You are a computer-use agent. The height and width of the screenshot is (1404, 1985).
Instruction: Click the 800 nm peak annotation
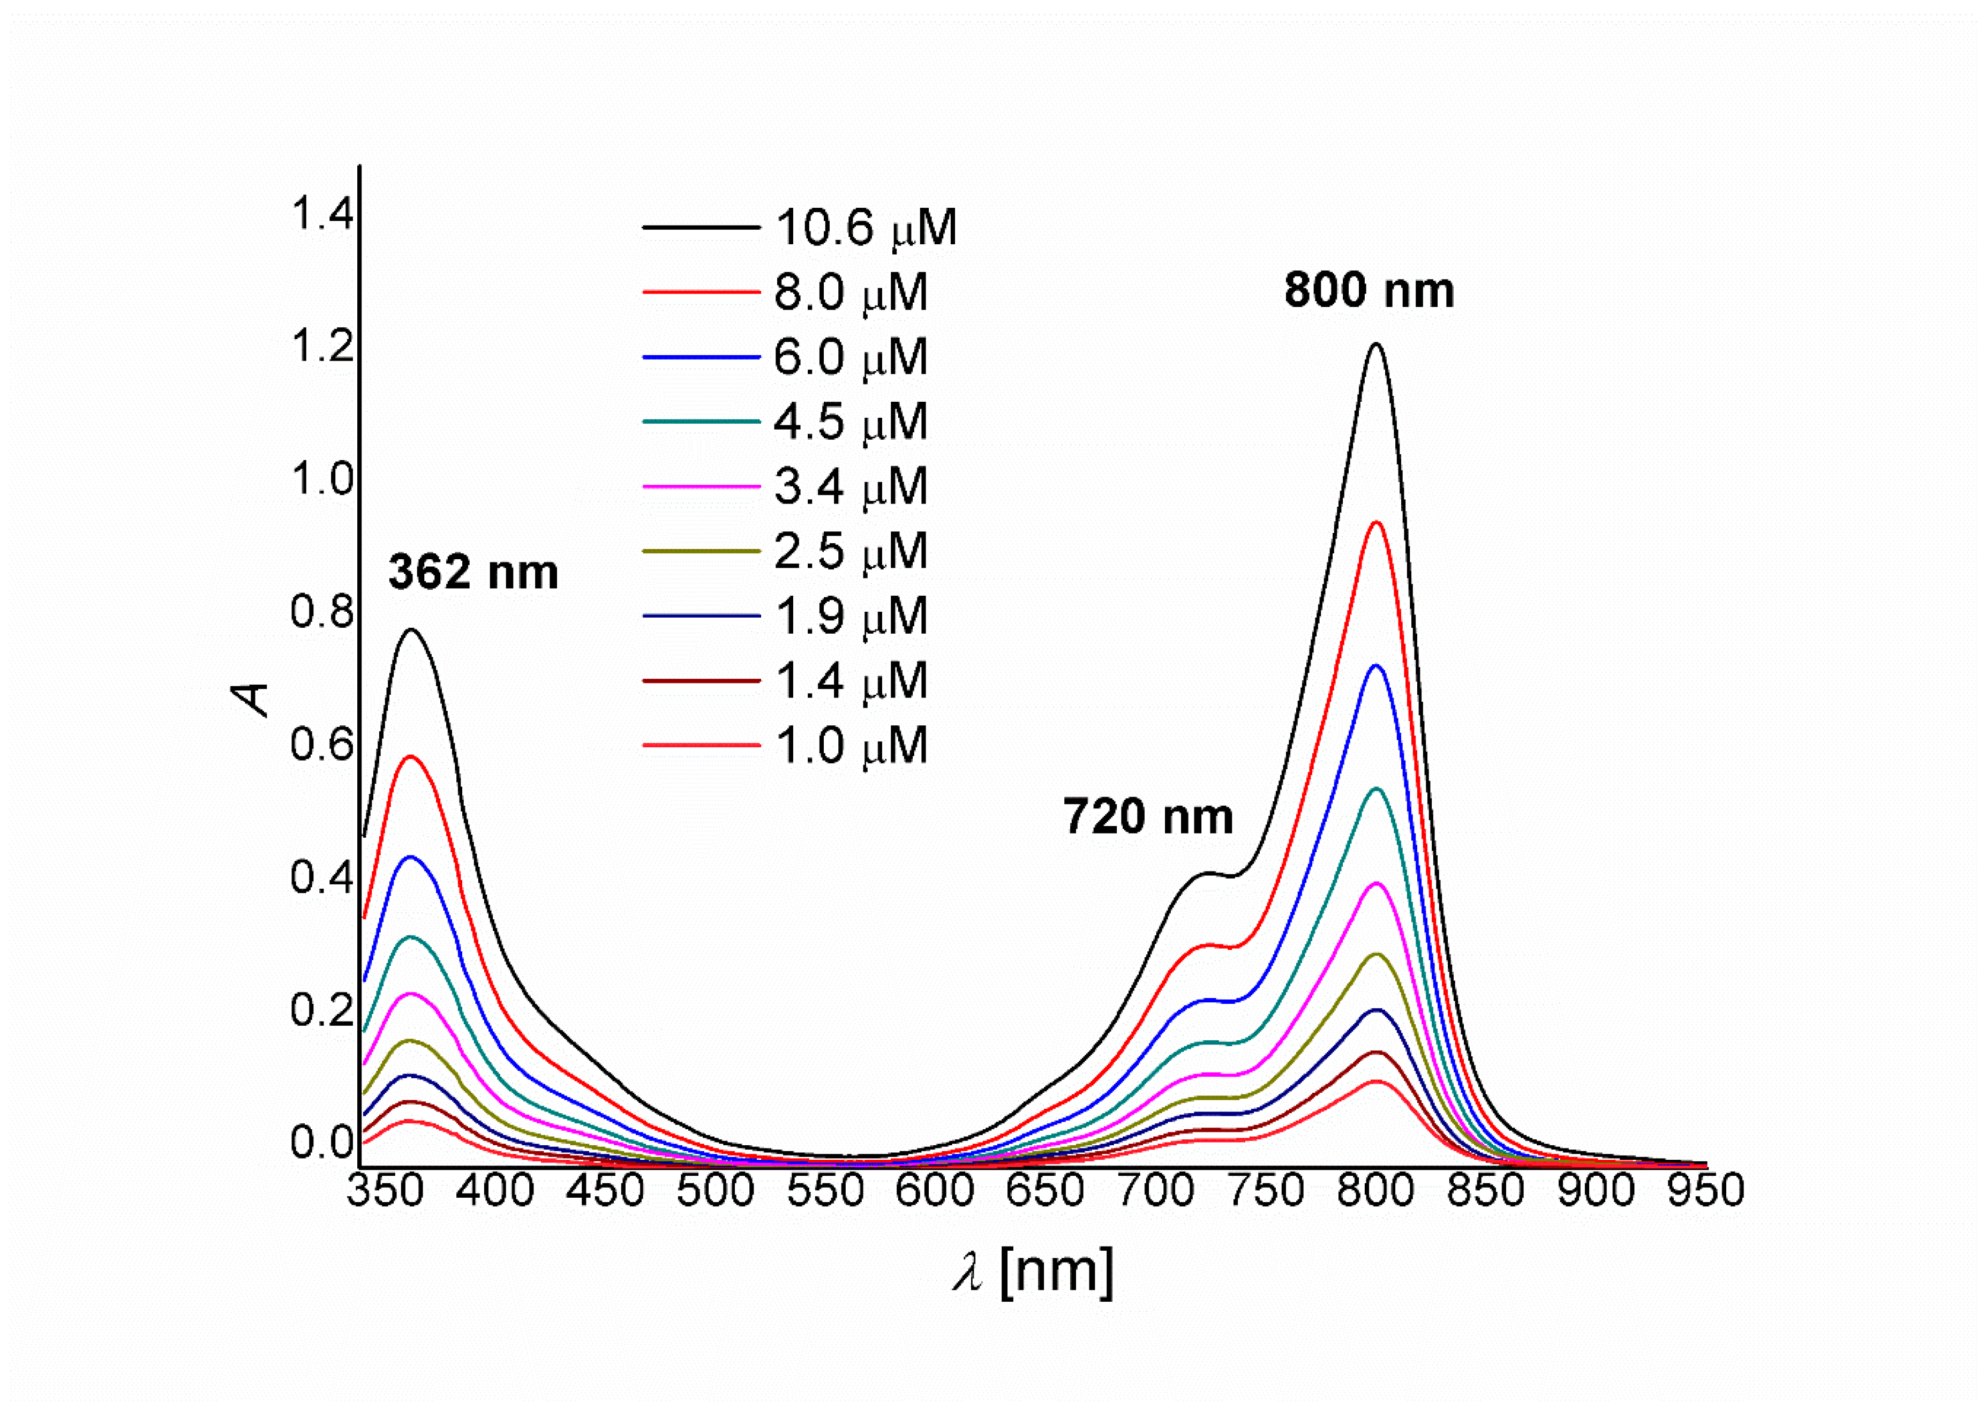(1369, 290)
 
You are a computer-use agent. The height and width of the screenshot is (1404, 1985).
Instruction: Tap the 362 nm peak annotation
(473, 572)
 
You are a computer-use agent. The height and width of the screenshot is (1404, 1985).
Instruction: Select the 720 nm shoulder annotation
(1147, 816)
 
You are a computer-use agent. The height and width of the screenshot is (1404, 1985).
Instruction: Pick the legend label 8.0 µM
(851, 292)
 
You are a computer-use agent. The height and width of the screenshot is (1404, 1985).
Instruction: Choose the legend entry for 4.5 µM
(851, 422)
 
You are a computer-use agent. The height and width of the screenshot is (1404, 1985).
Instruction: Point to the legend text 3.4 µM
(851, 487)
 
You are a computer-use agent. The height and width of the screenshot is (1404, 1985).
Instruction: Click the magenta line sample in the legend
(700, 487)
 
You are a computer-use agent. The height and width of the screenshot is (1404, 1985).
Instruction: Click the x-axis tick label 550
(825, 1191)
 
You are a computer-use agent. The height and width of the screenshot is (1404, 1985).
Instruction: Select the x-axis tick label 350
(385, 1191)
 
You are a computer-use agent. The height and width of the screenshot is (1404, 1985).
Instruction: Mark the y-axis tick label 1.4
(321, 214)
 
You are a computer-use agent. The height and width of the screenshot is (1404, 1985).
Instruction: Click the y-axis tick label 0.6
(321, 745)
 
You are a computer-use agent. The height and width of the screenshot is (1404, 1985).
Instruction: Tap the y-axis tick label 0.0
(321, 1143)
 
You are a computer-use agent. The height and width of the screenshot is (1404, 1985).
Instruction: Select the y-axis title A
(252, 699)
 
